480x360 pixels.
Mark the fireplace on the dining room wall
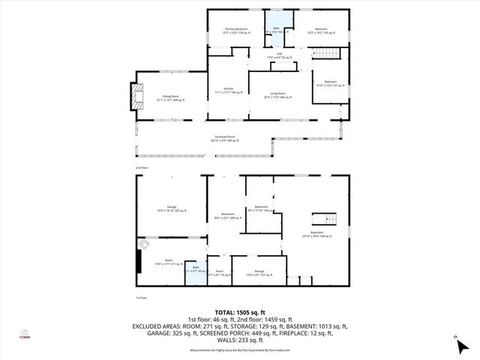tap(135, 96)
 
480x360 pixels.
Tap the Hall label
tap(278, 56)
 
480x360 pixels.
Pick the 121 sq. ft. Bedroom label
tap(331, 83)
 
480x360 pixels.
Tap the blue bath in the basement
tap(196, 271)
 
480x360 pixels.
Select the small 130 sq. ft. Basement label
tap(261, 208)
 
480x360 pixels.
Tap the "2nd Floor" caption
tap(141, 168)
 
